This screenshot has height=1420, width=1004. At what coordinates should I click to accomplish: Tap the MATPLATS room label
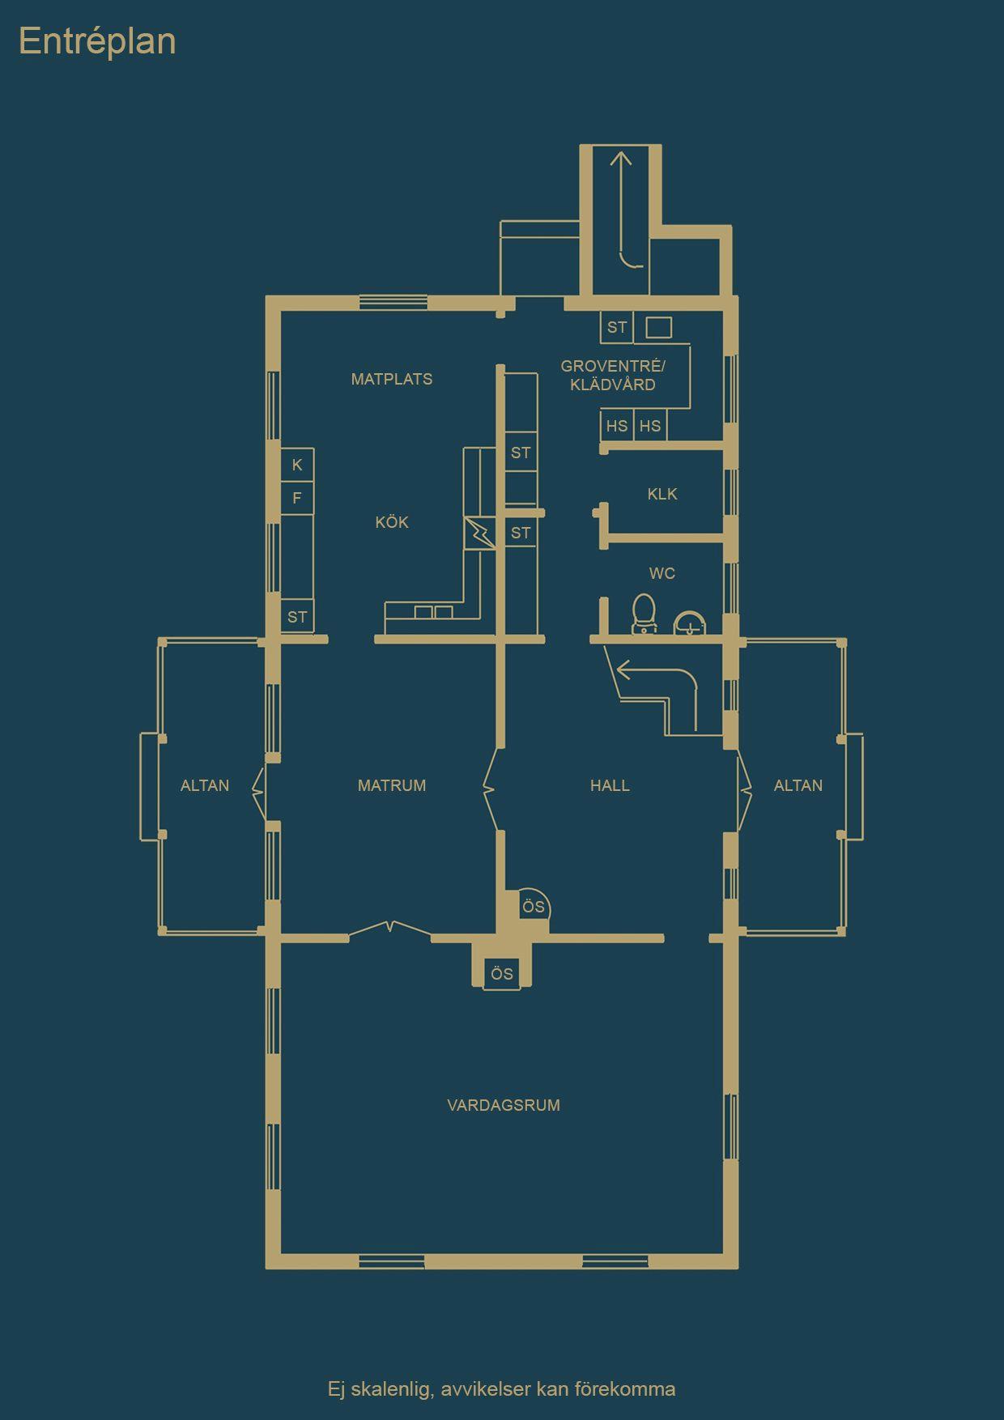[x=392, y=379]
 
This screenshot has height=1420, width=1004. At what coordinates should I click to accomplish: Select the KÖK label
[x=392, y=522]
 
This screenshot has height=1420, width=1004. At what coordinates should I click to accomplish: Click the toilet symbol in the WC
[x=644, y=614]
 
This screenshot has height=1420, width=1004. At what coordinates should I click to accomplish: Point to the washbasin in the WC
[x=690, y=622]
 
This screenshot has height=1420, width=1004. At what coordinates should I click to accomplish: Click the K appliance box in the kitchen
[x=297, y=465]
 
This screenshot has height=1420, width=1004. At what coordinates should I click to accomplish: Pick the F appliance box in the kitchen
[x=297, y=498]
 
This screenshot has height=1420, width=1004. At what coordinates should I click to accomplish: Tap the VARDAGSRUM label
[x=504, y=1105]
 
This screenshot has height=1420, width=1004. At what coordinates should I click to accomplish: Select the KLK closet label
[x=662, y=494]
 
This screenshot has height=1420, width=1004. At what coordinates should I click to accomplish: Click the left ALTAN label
[x=205, y=785]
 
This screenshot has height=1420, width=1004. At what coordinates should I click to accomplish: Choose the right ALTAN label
[x=798, y=785]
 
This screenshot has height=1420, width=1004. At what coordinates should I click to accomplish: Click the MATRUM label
[x=392, y=785]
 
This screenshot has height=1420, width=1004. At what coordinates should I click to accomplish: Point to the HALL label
[x=610, y=785]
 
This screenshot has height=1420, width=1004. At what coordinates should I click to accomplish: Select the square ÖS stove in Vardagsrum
[x=502, y=973]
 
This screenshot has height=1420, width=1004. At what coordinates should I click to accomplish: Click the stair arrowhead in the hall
[x=624, y=670]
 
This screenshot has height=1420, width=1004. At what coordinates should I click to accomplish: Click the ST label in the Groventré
[x=617, y=328]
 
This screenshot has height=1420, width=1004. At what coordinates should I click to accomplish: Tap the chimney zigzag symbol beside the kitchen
[x=479, y=534]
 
